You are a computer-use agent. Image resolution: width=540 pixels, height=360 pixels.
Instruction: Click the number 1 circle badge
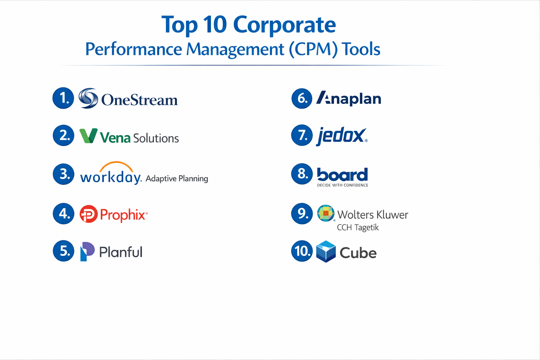(63, 98)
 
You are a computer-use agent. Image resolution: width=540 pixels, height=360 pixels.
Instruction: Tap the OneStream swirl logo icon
(88, 98)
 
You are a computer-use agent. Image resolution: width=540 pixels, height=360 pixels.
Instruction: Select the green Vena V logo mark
(88, 136)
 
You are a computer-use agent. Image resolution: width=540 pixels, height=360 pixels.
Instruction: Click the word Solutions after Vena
(156, 138)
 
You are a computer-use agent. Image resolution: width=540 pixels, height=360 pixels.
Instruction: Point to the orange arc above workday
(116, 166)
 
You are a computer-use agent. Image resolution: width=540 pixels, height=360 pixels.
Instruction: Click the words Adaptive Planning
(177, 179)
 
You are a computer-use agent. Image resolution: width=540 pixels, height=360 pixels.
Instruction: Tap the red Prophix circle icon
(88, 214)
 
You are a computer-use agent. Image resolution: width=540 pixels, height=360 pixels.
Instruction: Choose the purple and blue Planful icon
(87, 251)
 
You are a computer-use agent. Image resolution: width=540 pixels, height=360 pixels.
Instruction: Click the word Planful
(121, 252)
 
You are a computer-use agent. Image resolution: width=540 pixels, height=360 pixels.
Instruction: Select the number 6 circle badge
(302, 98)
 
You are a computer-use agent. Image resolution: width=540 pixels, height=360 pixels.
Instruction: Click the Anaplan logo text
(349, 98)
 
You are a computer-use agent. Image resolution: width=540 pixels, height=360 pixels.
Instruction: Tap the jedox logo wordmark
(341, 136)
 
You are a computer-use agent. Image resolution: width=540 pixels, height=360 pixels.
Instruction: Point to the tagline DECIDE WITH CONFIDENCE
(342, 185)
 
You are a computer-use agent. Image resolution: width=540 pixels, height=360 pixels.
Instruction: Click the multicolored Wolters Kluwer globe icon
(326, 213)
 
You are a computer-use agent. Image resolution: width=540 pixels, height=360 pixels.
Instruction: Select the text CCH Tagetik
(358, 227)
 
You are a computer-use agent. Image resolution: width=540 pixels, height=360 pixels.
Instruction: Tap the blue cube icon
(326, 251)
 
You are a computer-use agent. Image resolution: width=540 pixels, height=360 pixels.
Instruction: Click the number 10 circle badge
(302, 251)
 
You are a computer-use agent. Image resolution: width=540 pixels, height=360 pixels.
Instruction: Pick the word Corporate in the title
(284, 25)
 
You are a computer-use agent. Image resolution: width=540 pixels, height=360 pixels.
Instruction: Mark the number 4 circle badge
(64, 213)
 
